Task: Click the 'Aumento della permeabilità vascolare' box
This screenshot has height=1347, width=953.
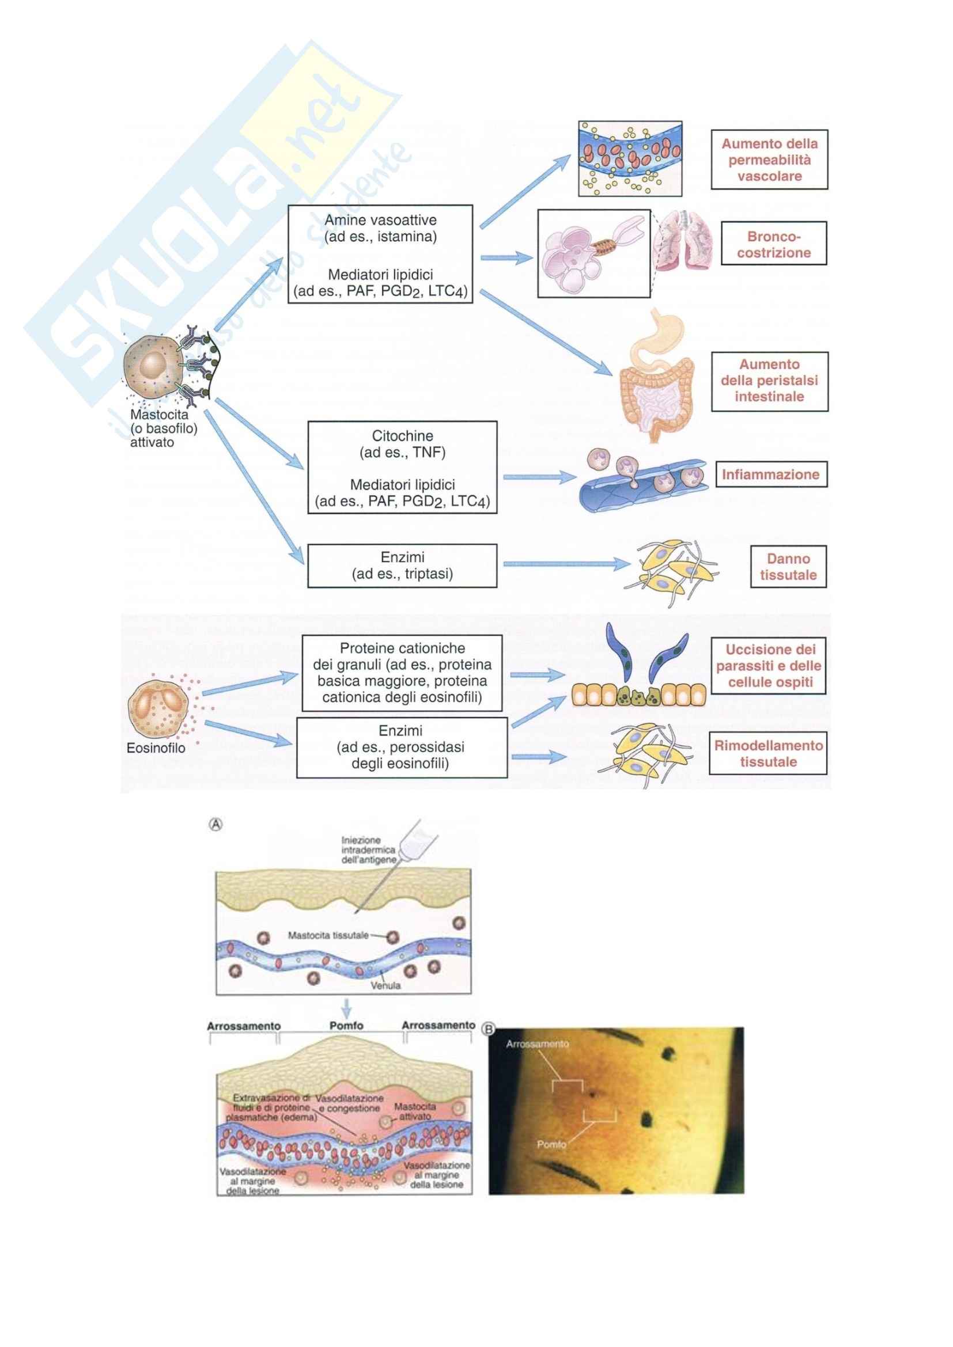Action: tap(769, 160)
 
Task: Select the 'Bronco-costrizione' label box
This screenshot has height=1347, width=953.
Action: tap(773, 244)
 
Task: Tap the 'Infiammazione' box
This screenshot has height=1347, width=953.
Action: tap(770, 475)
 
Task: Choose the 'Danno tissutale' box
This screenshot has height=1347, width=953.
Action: tap(788, 567)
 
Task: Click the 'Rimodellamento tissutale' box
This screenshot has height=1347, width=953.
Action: tap(767, 753)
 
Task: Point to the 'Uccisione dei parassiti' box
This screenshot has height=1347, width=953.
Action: tap(768, 666)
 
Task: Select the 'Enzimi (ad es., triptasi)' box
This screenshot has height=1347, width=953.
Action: tap(402, 566)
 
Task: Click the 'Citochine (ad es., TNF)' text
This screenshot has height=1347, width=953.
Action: tap(402, 444)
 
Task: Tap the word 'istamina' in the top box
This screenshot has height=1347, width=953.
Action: tap(410, 237)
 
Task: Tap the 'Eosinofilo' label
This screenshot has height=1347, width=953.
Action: tap(156, 749)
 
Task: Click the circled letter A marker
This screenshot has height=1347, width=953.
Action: tap(216, 824)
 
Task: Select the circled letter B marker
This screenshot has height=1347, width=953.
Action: tap(487, 1028)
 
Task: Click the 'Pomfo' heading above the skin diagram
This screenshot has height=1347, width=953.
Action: tap(346, 1026)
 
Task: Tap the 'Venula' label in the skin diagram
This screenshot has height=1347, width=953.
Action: tap(385, 985)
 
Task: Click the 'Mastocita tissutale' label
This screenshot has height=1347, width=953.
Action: tap(328, 935)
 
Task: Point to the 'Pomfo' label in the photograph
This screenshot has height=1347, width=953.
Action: tap(551, 1144)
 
